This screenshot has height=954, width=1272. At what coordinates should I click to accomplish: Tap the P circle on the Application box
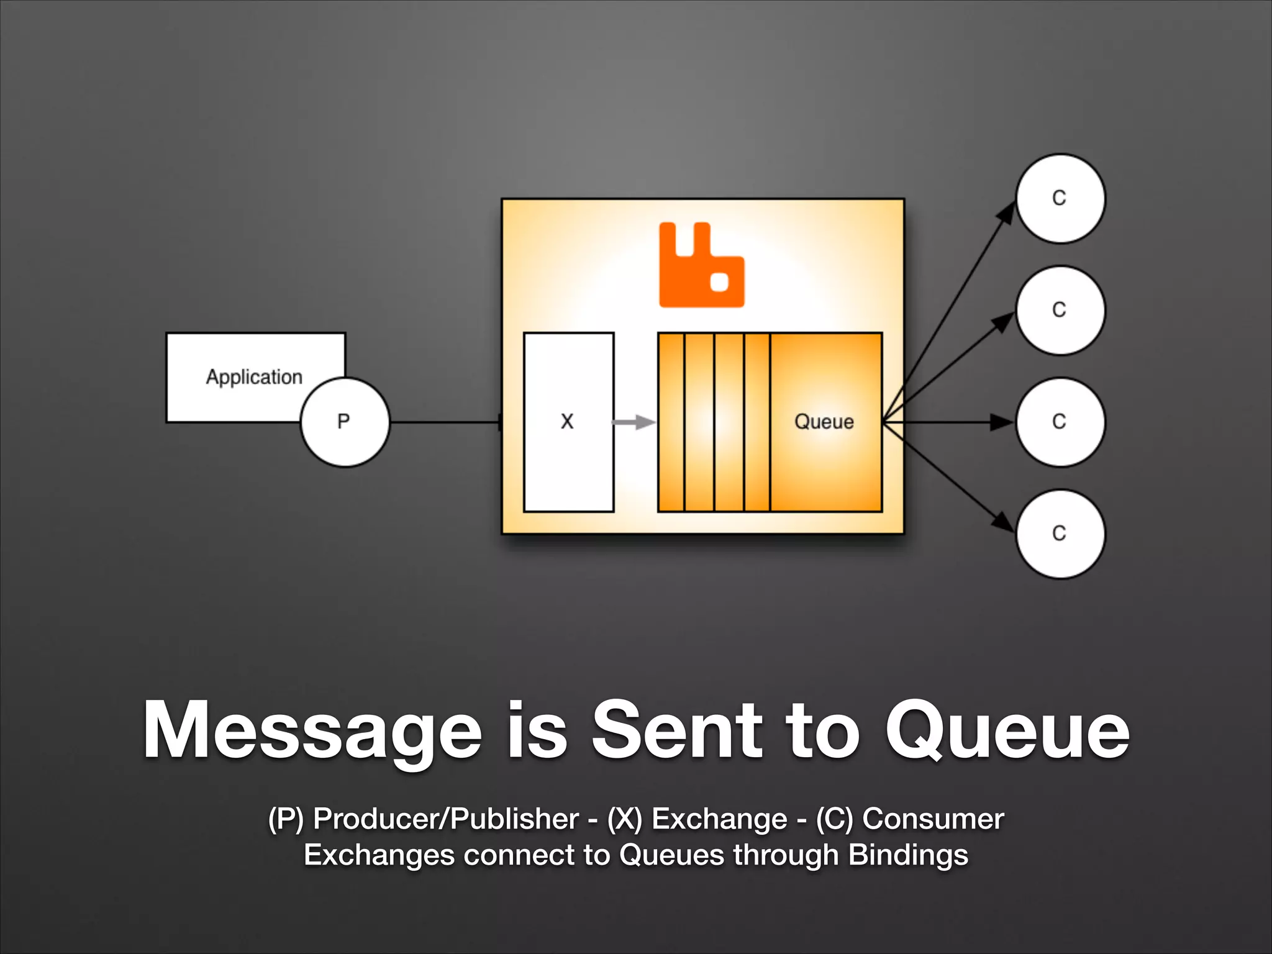click(345, 422)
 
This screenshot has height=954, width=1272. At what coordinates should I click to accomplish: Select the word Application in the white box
click(254, 377)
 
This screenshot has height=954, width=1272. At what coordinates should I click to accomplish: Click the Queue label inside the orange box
click(824, 422)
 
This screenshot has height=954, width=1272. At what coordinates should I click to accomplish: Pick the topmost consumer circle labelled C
click(1060, 198)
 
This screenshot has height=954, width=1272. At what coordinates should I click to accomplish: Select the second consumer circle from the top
click(1060, 310)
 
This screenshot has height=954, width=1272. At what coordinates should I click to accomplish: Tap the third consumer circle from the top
click(1060, 422)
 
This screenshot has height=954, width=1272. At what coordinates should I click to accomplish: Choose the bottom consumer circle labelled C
click(1060, 534)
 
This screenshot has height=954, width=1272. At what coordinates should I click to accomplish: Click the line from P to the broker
click(444, 422)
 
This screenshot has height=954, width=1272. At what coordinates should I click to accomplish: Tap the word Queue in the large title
click(1006, 730)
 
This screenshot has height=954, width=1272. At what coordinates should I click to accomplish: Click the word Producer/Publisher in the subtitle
click(446, 819)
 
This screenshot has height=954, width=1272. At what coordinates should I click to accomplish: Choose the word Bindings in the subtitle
click(908, 855)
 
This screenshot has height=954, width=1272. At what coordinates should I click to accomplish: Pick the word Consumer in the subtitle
click(933, 819)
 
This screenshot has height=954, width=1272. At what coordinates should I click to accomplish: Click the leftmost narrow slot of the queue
click(671, 422)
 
